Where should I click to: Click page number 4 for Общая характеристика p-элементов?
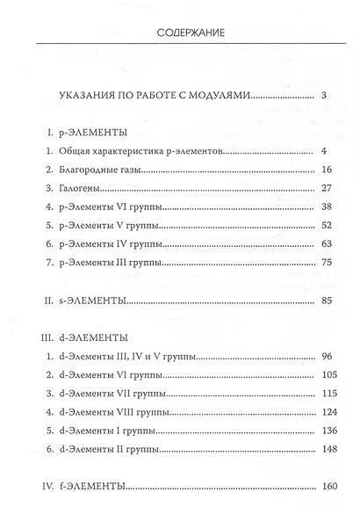(x=324, y=150)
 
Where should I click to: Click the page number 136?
(x=319, y=433)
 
